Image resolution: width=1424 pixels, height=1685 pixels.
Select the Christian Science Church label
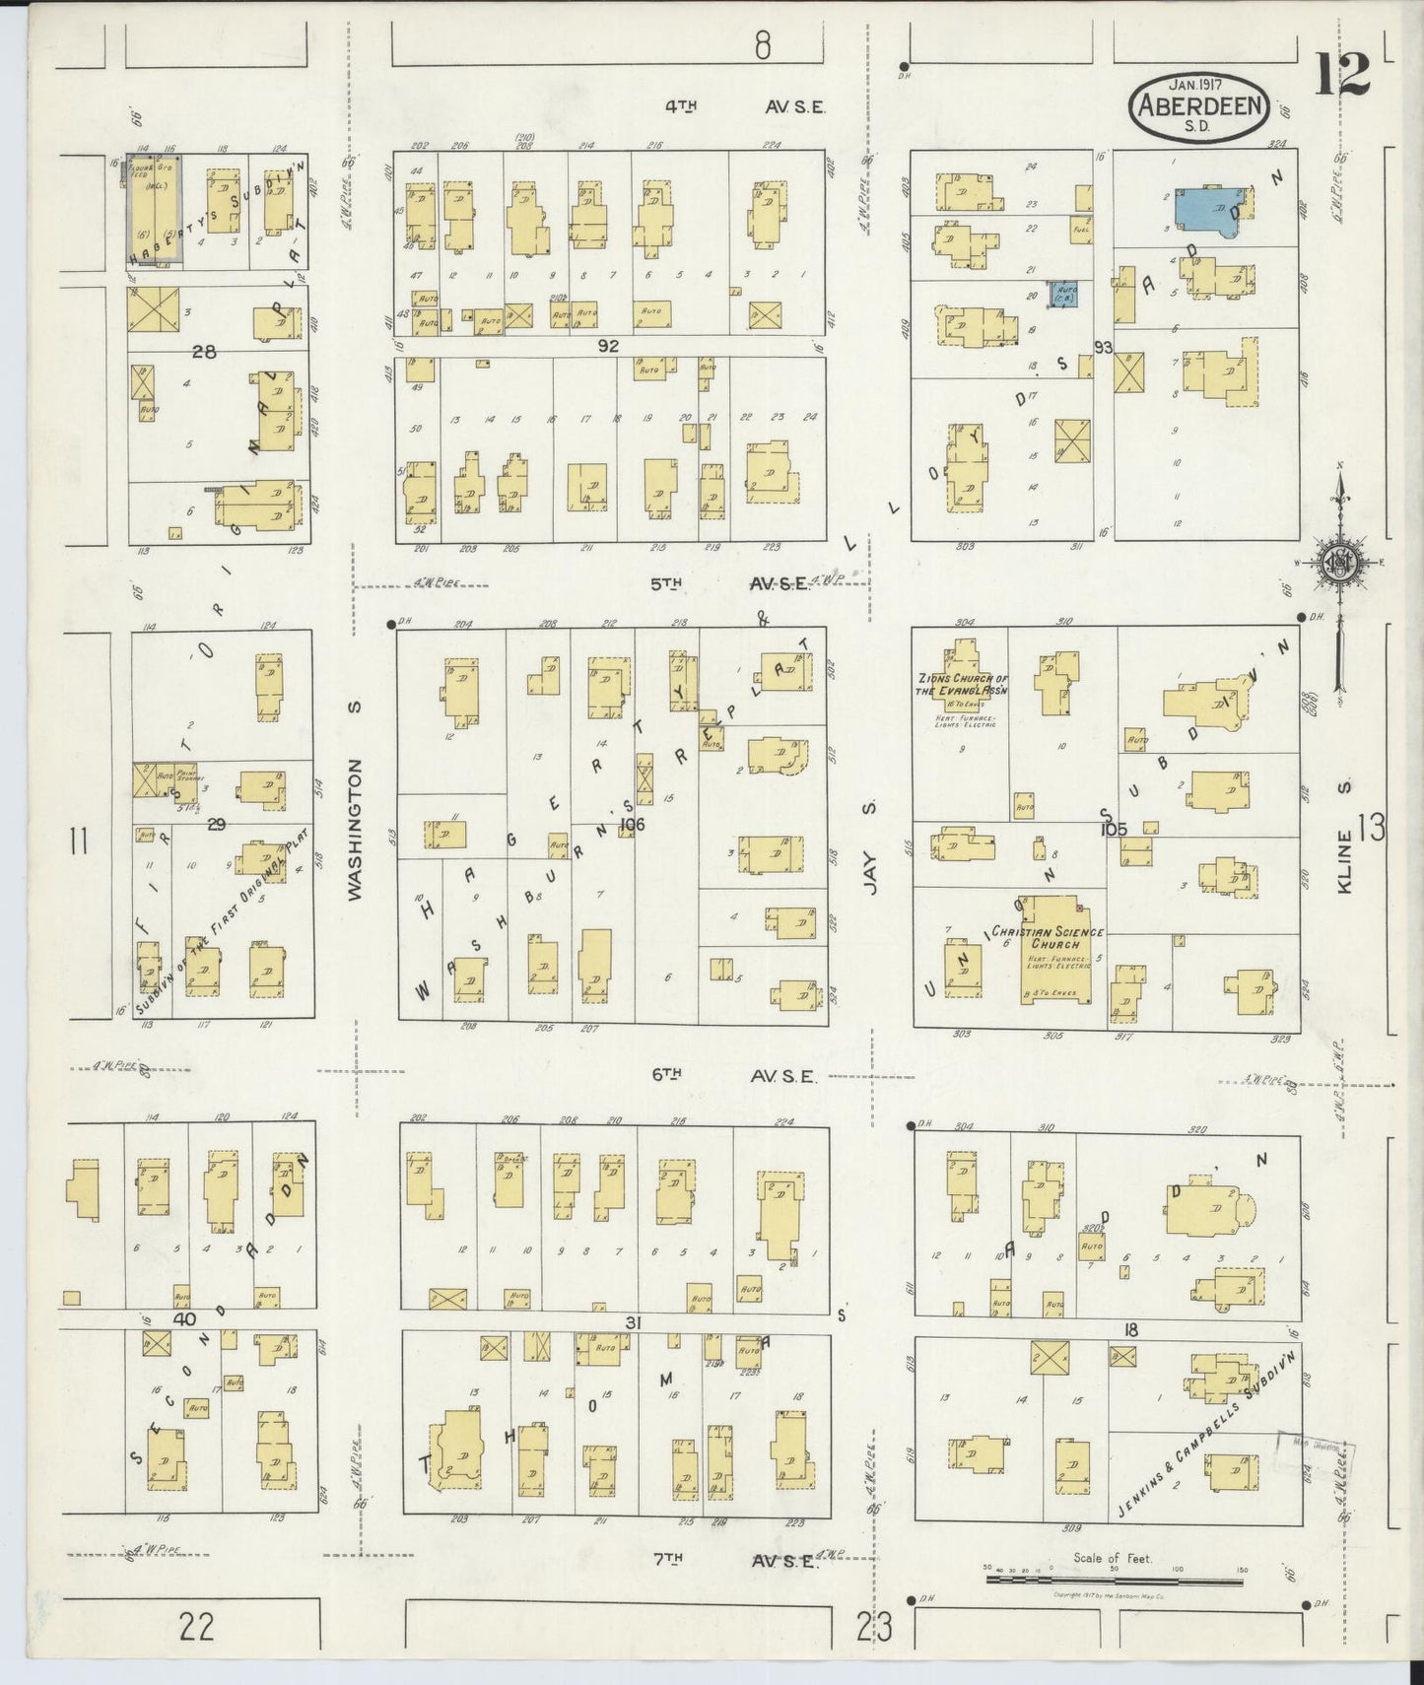coord(1048,937)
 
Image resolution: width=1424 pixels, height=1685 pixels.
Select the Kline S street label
coord(1345,834)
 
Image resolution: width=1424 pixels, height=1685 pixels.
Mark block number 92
coord(607,346)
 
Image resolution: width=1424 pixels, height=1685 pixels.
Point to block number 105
coord(1114,830)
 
